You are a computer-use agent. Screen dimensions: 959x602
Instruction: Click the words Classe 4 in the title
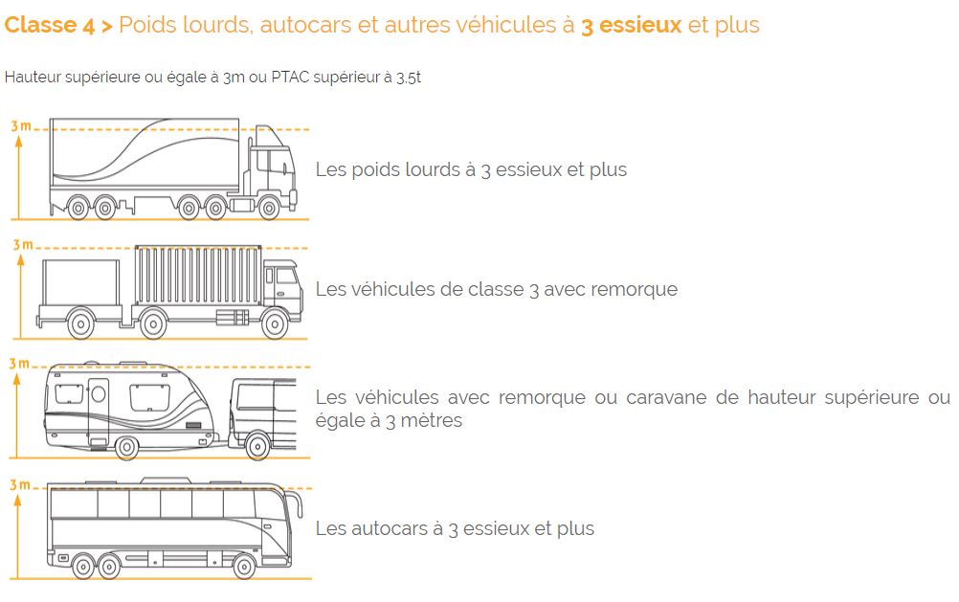click(50, 25)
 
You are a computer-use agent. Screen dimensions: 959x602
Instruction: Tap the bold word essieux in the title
click(639, 25)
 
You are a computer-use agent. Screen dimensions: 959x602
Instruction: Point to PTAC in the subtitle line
click(290, 78)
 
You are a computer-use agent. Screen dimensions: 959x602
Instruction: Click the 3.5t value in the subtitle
click(409, 78)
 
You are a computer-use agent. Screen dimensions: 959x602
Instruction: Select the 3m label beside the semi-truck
click(21, 126)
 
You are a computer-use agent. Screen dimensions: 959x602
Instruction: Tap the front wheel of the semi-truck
click(269, 208)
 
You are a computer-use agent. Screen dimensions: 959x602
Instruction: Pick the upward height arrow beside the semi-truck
click(19, 177)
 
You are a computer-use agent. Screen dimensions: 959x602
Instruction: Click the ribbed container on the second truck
click(198, 276)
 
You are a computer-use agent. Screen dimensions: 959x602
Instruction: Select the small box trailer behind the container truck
click(80, 291)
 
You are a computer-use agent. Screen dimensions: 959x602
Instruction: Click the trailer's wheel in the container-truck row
click(80, 324)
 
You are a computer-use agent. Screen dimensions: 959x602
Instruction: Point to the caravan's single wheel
click(126, 447)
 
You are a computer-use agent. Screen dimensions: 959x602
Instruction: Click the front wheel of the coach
click(243, 567)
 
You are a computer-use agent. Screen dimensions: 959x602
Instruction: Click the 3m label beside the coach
click(19, 485)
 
